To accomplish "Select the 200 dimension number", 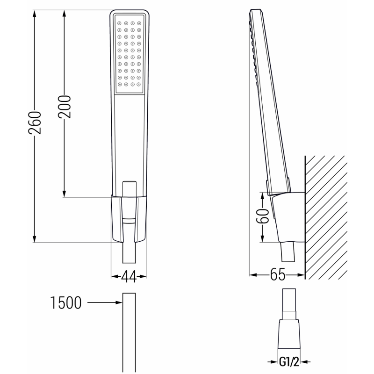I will (65, 106).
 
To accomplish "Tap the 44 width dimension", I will (129, 277).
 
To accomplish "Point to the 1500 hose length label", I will (65, 303).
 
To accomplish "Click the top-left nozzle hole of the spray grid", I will (119, 22).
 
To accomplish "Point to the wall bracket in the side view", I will (288, 215).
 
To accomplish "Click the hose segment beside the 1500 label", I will (129, 332).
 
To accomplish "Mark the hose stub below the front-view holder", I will (129, 255).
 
